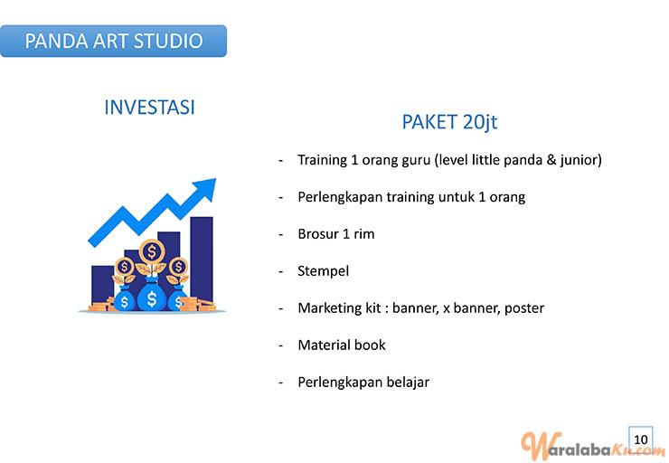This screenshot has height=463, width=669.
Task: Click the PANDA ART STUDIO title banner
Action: (x=113, y=41)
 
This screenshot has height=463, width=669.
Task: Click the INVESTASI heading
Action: (x=149, y=107)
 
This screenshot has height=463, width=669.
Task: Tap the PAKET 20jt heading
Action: (x=449, y=122)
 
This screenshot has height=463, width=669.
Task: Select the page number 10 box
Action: (x=640, y=439)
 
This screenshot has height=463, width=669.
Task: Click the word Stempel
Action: (x=323, y=271)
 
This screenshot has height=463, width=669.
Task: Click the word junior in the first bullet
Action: (x=581, y=160)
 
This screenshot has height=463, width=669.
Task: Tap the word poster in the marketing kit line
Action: (x=524, y=308)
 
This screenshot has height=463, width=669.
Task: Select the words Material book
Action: (x=342, y=345)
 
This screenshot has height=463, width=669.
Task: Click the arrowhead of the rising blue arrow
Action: (x=206, y=188)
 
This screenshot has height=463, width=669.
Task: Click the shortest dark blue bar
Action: (x=102, y=285)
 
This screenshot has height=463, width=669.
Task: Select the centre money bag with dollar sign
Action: (x=152, y=296)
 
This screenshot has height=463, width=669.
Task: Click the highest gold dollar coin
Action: (x=152, y=251)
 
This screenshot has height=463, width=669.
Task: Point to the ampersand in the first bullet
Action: (x=551, y=160)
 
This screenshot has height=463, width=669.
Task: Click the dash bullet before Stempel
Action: (x=281, y=272)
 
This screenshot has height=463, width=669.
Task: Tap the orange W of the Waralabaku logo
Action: (x=536, y=447)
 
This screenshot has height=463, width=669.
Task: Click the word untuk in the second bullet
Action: (x=457, y=197)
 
